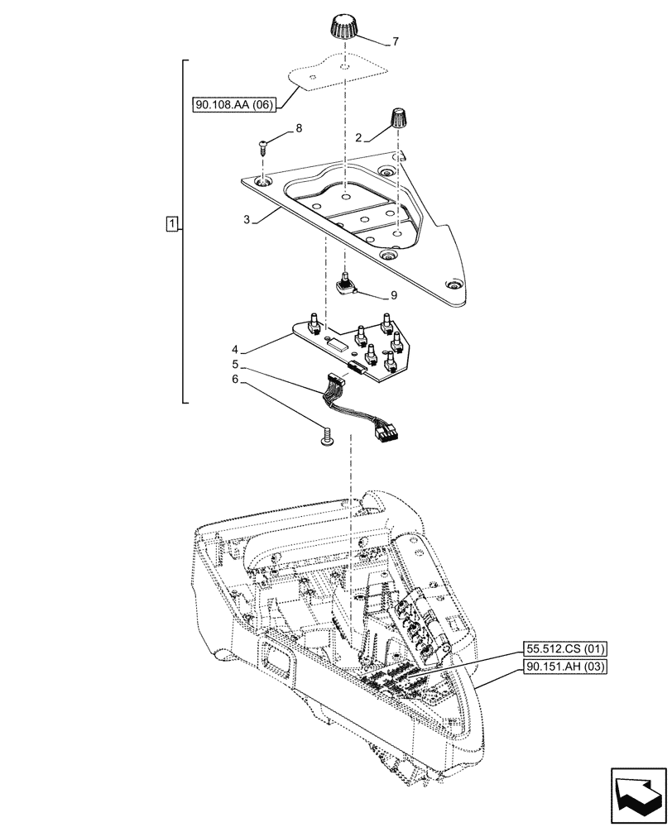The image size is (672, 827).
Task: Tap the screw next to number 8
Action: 262,148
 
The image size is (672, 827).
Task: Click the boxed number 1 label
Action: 170,224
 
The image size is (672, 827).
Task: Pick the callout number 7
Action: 394,41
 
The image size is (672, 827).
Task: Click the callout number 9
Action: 394,294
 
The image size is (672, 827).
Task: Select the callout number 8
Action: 298,129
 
